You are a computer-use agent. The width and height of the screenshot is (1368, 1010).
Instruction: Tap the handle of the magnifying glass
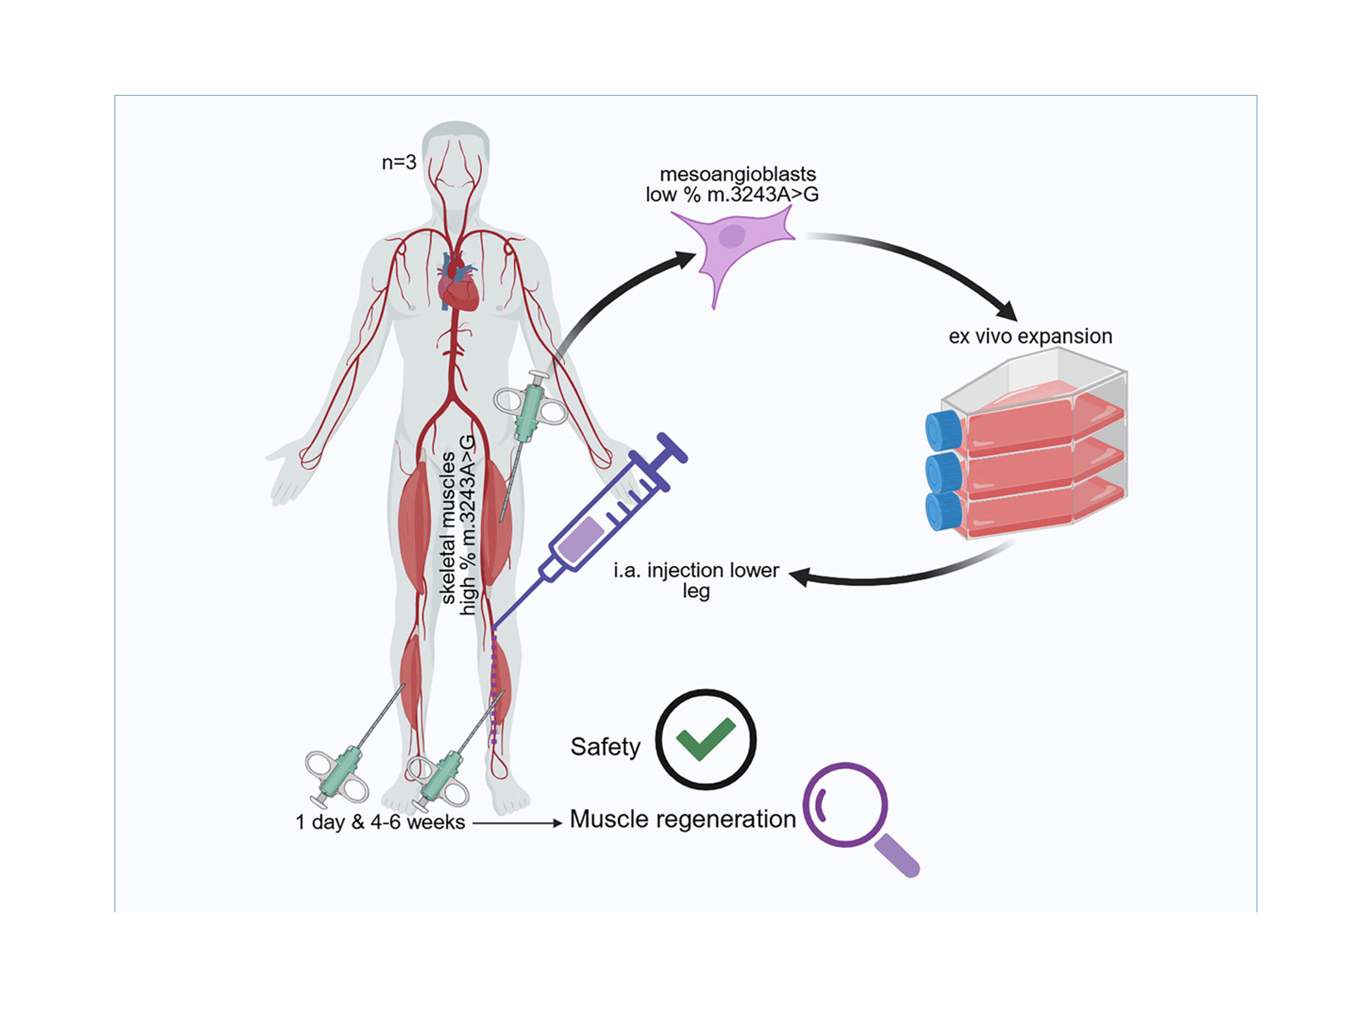pos(897,856)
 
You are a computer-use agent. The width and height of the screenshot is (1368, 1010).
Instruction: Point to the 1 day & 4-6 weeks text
pos(380,822)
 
